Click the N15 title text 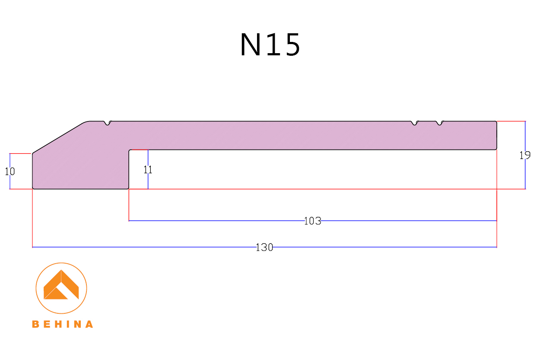[270, 45]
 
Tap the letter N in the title [249, 45]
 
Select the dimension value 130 [264, 247]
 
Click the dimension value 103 [313, 221]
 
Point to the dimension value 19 [525, 155]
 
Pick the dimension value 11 [148, 170]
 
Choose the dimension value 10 [10, 171]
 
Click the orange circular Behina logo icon [61, 288]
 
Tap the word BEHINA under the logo [62, 324]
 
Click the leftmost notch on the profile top [108, 124]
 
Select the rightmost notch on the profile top [440, 124]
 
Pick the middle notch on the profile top [415, 124]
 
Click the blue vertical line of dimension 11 [148, 182]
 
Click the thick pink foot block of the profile [80, 169]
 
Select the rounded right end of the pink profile [496, 135]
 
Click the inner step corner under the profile [130, 150]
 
